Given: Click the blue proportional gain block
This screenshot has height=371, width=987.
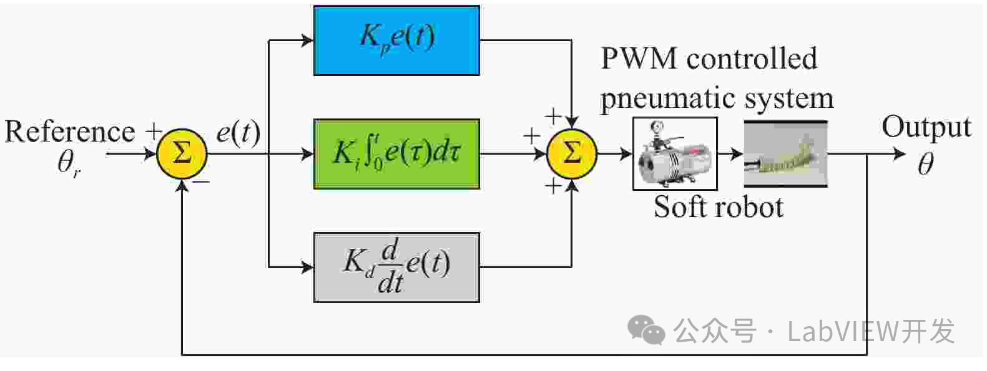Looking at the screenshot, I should pos(396,41).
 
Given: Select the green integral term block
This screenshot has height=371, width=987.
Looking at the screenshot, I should pos(396,153).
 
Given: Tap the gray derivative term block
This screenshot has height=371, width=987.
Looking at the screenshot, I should pos(396,267).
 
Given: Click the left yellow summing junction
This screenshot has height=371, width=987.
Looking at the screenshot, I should pos(181,153).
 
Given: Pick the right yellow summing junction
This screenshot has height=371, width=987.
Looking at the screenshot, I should pos(571,153).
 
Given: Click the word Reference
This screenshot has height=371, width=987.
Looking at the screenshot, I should pos(69,132).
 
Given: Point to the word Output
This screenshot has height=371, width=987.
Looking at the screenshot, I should pos(926,127).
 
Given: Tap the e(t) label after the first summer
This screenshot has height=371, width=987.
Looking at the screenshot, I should pos(238,133).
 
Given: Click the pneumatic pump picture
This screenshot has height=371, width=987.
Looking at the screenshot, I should pos(675,153).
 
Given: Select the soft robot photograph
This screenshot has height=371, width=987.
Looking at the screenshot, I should pos(785,153).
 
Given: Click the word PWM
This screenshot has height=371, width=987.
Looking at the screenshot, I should pos(639,59).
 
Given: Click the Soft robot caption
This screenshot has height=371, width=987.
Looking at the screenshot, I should pos(718,207).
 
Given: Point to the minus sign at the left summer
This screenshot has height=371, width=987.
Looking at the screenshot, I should pos(201,181).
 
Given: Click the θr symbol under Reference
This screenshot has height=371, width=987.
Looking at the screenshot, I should pos(69,163).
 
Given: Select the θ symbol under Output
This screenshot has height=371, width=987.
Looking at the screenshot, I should pos(925,164).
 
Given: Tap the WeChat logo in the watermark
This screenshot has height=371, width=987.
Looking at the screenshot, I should pos(646,329).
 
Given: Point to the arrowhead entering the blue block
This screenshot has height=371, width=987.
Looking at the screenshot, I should pos(307,41).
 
